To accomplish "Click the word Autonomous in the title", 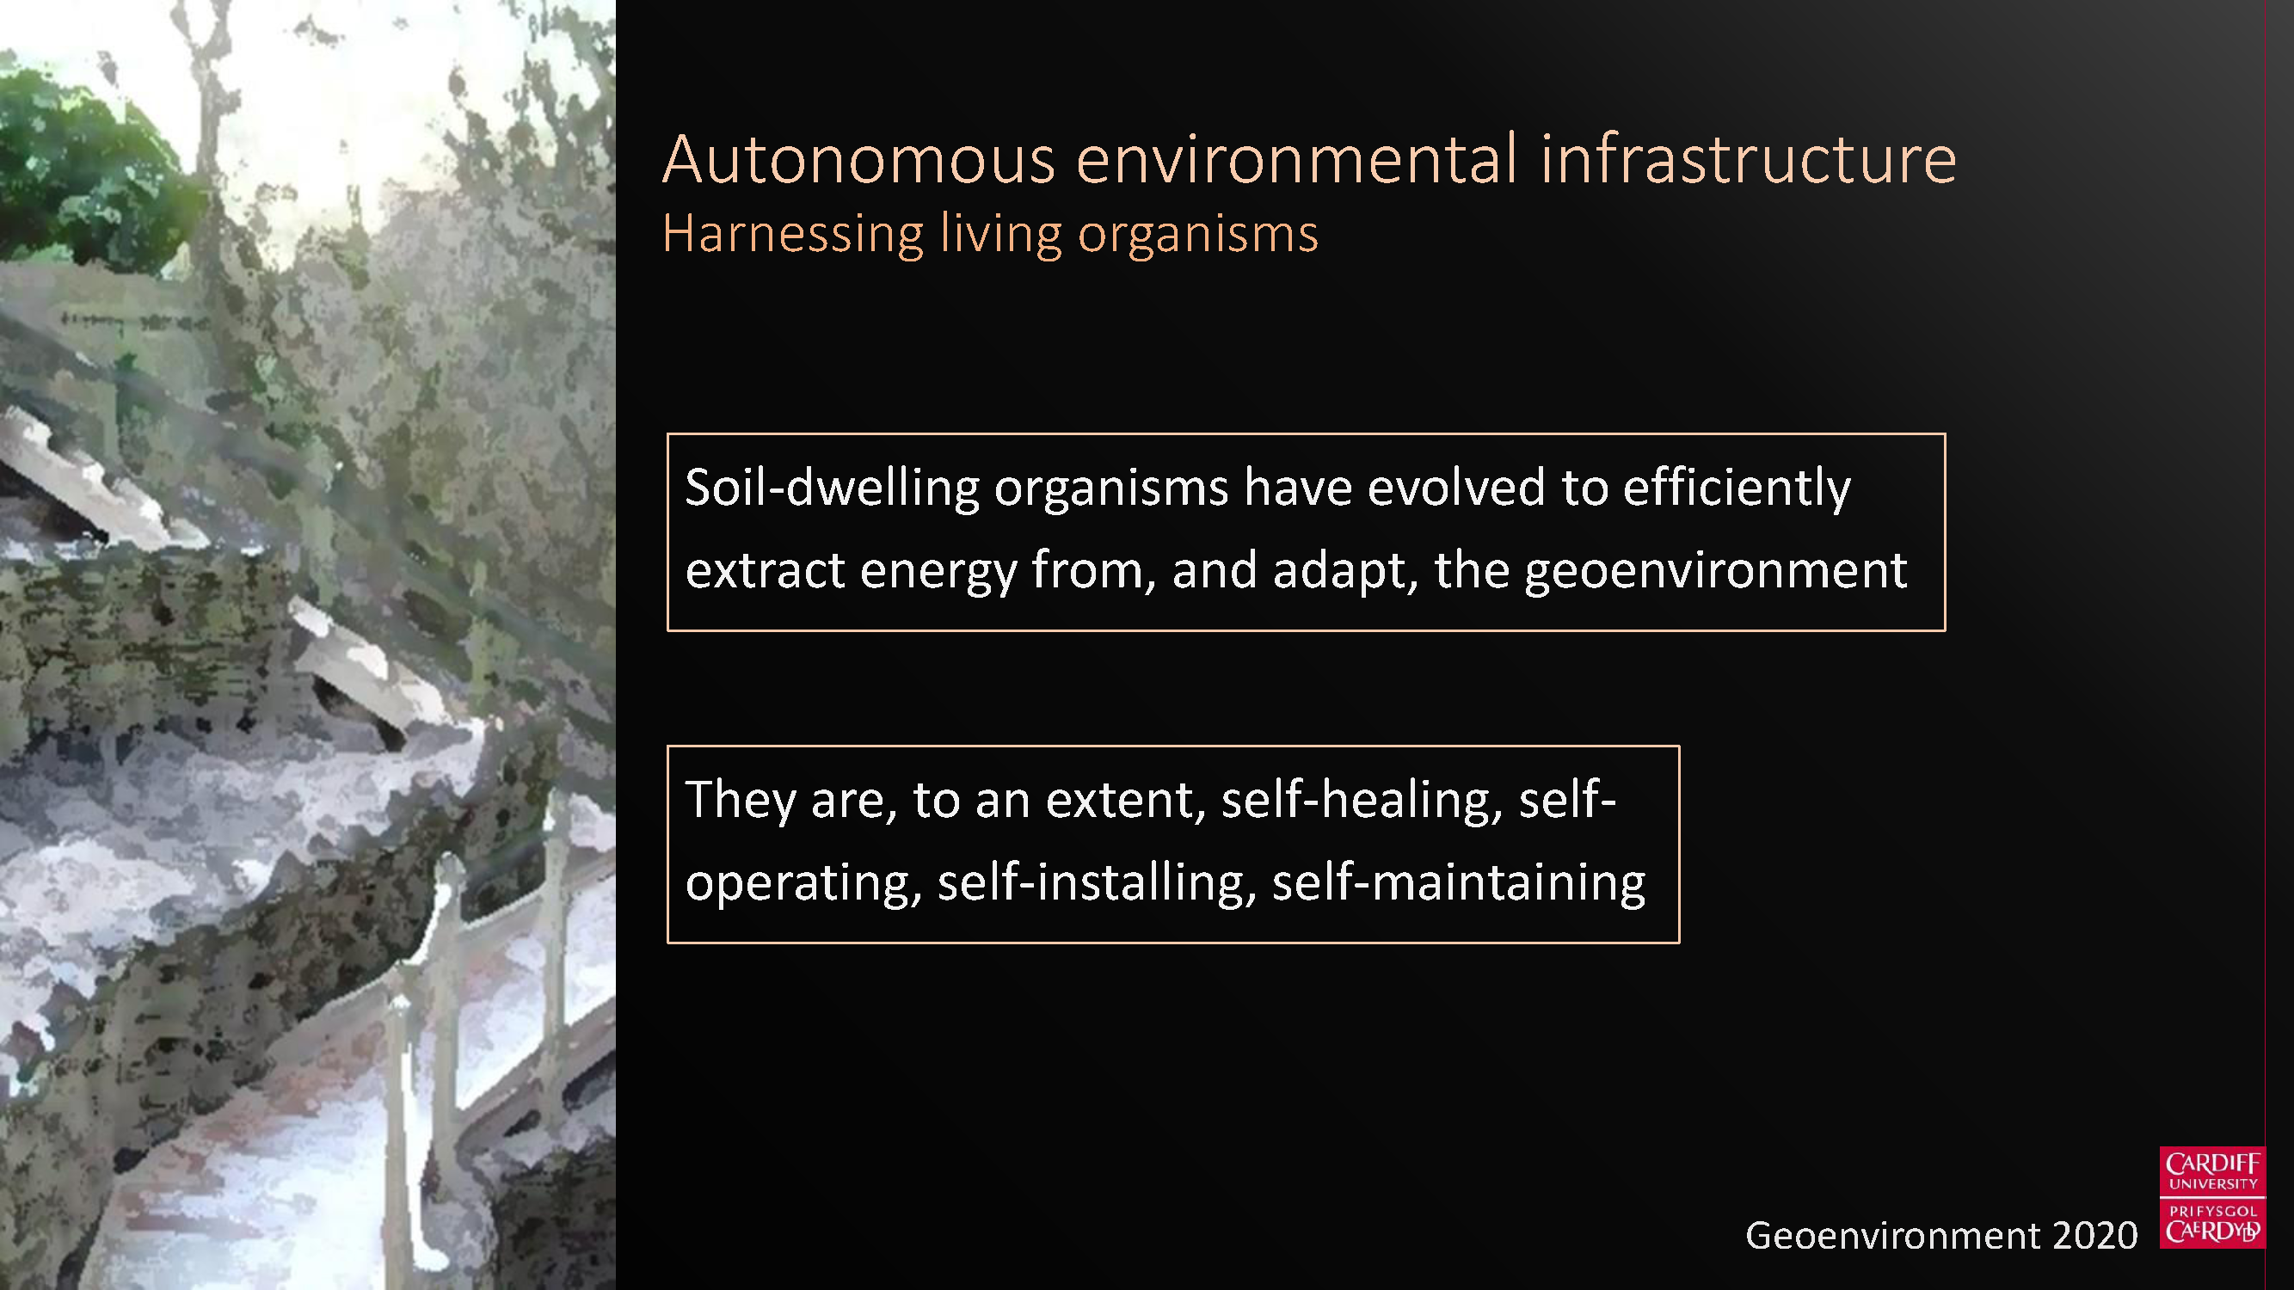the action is coord(858,159).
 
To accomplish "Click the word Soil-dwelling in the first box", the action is coord(832,488).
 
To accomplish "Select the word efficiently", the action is coord(1737,488).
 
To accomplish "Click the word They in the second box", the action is coord(740,800).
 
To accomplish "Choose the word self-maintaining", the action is coord(1459,882).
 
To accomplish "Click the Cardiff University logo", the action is coord(2212,1197).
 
